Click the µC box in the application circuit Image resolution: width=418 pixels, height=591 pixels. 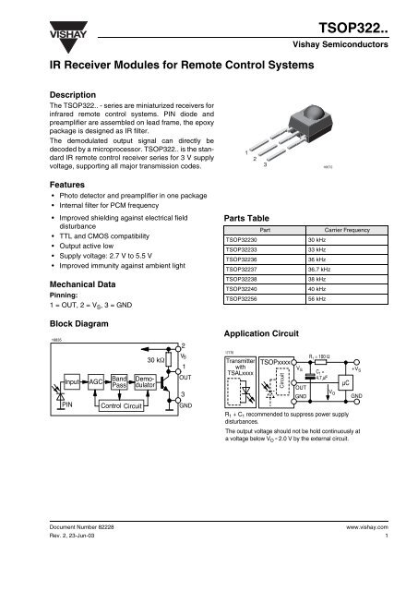(344, 380)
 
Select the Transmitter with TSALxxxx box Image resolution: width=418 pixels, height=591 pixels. (240, 363)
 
